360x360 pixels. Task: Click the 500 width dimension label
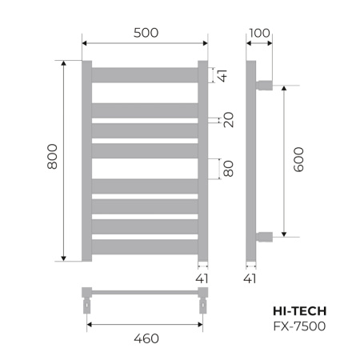click(x=146, y=33)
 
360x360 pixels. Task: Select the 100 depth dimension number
click(x=259, y=33)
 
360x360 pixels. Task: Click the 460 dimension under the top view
click(x=146, y=338)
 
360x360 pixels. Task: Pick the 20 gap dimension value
click(x=229, y=121)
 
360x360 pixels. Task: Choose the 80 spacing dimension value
click(x=229, y=169)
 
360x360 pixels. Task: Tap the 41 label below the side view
click(x=251, y=278)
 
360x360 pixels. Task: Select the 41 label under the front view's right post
click(x=202, y=278)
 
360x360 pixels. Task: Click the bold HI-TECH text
click(x=300, y=310)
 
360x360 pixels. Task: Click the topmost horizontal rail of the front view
click(x=145, y=74)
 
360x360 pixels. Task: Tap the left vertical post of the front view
click(x=87, y=161)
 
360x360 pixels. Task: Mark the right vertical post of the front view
click(x=202, y=161)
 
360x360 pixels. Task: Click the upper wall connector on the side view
click(x=264, y=83)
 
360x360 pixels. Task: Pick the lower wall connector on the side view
click(x=264, y=236)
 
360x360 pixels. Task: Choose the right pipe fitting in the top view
click(x=202, y=302)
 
